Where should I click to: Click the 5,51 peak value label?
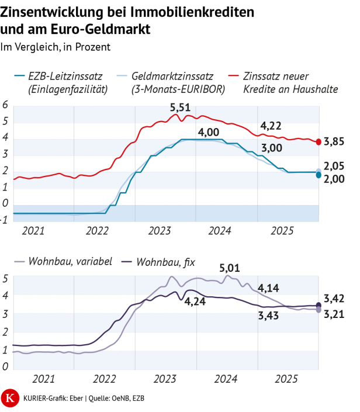coord(180,108)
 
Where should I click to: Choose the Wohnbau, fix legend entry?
coord(165,261)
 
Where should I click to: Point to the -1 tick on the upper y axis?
coord(5,220)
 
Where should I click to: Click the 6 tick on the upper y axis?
coord(5,105)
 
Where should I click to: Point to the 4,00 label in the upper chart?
coord(208,132)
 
